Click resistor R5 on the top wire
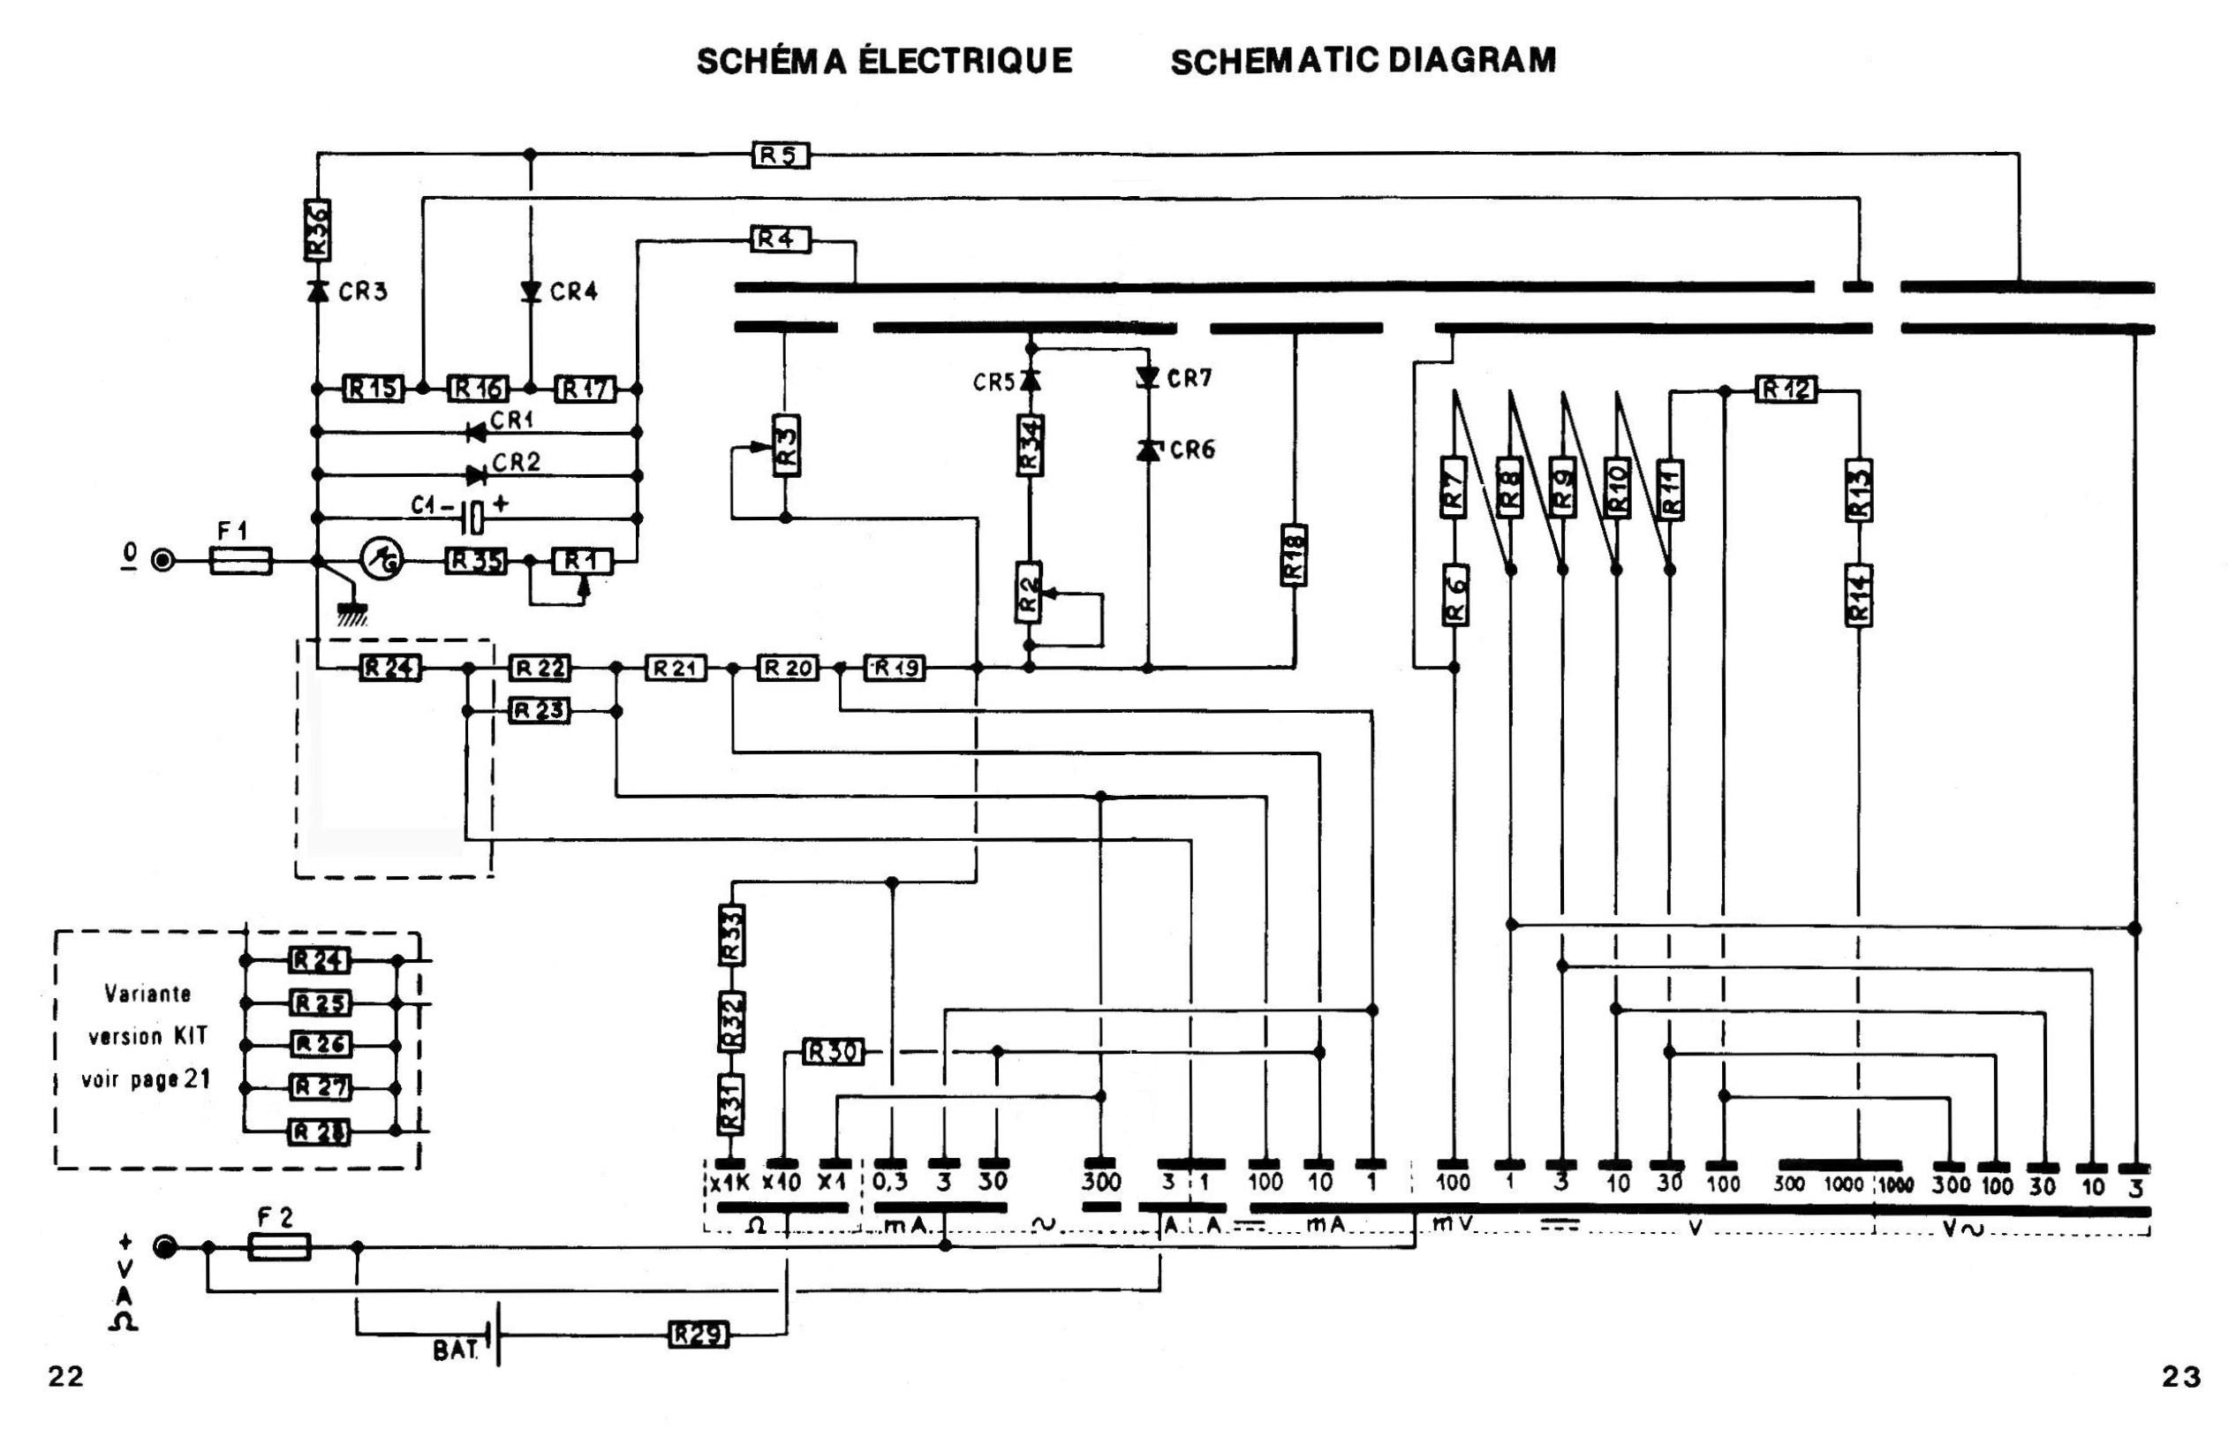click(x=780, y=155)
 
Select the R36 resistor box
click(x=318, y=231)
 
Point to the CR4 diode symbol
click(x=530, y=291)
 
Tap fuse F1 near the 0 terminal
click(x=240, y=561)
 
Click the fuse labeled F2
click(x=279, y=1247)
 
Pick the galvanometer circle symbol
click(x=381, y=560)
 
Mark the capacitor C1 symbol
click(x=473, y=518)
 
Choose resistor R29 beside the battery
click(x=699, y=1335)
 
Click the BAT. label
click(x=455, y=1351)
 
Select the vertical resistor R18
click(x=1294, y=556)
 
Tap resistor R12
click(x=1786, y=389)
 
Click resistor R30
click(x=831, y=1052)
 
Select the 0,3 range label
click(x=890, y=1182)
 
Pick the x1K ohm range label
click(x=729, y=1183)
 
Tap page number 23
click(x=2180, y=1376)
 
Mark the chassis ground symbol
click(x=352, y=612)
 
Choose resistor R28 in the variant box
click(x=320, y=1132)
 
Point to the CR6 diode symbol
click(x=1149, y=450)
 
